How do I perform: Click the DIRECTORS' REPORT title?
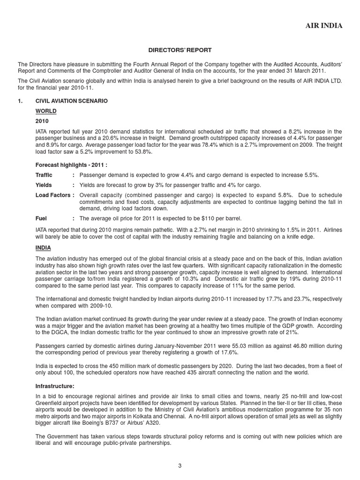180,49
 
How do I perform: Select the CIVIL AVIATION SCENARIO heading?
72,101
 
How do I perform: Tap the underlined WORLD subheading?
46,111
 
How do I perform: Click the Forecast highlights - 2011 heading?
72,165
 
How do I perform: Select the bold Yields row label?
44,185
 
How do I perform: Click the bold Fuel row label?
41,218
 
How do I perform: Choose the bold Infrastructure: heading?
55,386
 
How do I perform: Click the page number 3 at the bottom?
180,465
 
